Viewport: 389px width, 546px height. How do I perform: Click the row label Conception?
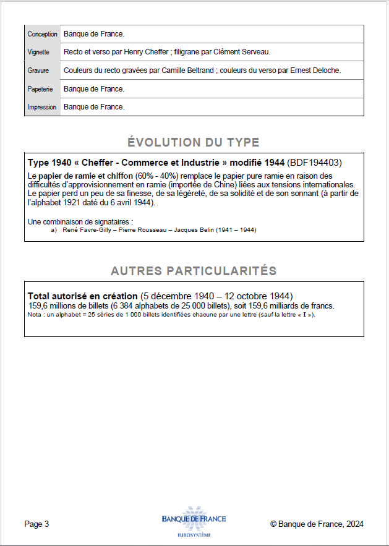42,34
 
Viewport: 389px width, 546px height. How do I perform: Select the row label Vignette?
38,52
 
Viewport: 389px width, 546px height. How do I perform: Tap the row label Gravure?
38,70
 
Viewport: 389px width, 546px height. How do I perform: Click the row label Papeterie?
40,89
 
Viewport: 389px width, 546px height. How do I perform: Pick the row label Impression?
41,107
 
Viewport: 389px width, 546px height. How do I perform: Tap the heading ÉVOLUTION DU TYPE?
194,143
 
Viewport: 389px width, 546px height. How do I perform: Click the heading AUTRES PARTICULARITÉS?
194,271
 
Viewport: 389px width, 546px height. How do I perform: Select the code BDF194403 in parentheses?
315,163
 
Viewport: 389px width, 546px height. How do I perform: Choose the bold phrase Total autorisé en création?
83,296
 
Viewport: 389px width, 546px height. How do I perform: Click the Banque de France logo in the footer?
194,521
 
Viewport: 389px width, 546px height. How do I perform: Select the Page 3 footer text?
36,524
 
